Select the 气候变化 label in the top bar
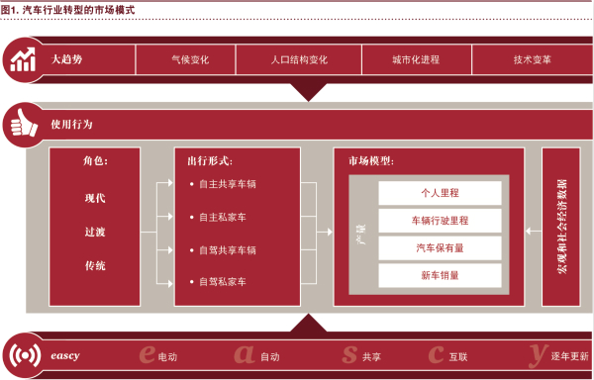click(x=189, y=59)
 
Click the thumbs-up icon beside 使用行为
click(x=22, y=126)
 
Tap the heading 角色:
click(x=95, y=160)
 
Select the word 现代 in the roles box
click(x=95, y=198)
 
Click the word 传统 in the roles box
click(x=95, y=265)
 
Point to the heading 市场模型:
click(x=371, y=160)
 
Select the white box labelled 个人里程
click(x=440, y=193)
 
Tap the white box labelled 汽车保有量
click(x=440, y=248)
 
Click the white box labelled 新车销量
click(x=440, y=275)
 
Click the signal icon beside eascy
click(x=22, y=354)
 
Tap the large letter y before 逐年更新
click(x=537, y=351)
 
